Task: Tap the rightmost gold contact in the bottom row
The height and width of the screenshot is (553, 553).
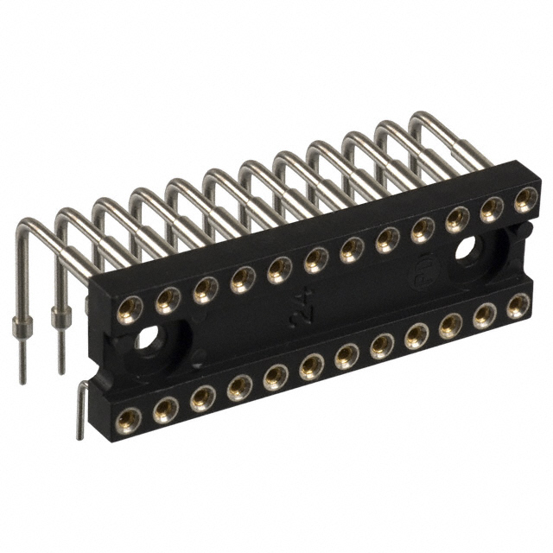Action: coord(518,306)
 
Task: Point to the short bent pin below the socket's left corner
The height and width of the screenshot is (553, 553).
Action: coord(79,411)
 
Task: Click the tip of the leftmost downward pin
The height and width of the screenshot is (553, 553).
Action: coord(22,378)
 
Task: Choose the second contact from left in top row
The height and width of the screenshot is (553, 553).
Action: coord(168,299)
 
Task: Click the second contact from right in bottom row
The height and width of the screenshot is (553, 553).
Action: coord(485,315)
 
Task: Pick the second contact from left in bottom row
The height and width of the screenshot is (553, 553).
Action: coord(166,409)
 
